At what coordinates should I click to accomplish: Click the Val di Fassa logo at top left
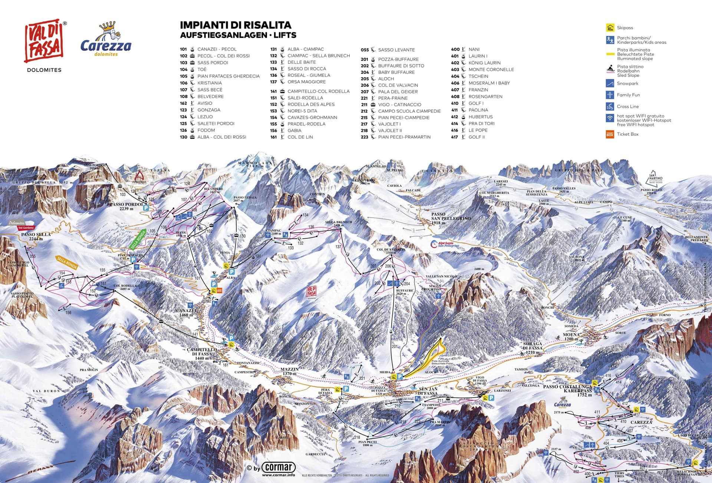(x=44, y=41)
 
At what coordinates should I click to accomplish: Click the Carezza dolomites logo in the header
(x=106, y=41)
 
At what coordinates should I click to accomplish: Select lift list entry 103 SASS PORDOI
(x=212, y=63)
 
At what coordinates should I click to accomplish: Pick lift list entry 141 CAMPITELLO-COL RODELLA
(x=318, y=91)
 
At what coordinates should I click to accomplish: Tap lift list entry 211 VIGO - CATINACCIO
(x=399, y=105)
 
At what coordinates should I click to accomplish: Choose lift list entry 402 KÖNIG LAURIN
(x=484, y=63)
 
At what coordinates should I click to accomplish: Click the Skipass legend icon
(x=610, y=28)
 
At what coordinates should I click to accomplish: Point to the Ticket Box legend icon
(x=610, y=134)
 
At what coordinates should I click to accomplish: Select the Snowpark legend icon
(x=610, y=84)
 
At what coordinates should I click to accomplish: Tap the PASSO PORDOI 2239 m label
(x=126, y=206)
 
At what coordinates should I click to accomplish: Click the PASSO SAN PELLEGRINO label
(x=450, y=218)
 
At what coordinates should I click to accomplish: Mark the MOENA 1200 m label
(x=571, y=337)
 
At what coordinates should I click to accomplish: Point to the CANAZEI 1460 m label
(x=186, y=312)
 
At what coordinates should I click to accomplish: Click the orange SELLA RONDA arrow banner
(x=67, y=262)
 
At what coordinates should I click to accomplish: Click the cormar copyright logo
(x=278, y=467)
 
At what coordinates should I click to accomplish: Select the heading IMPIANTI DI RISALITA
(x=235, y=25)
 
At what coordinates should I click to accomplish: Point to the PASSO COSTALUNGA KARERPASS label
(x=567, y=389)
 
